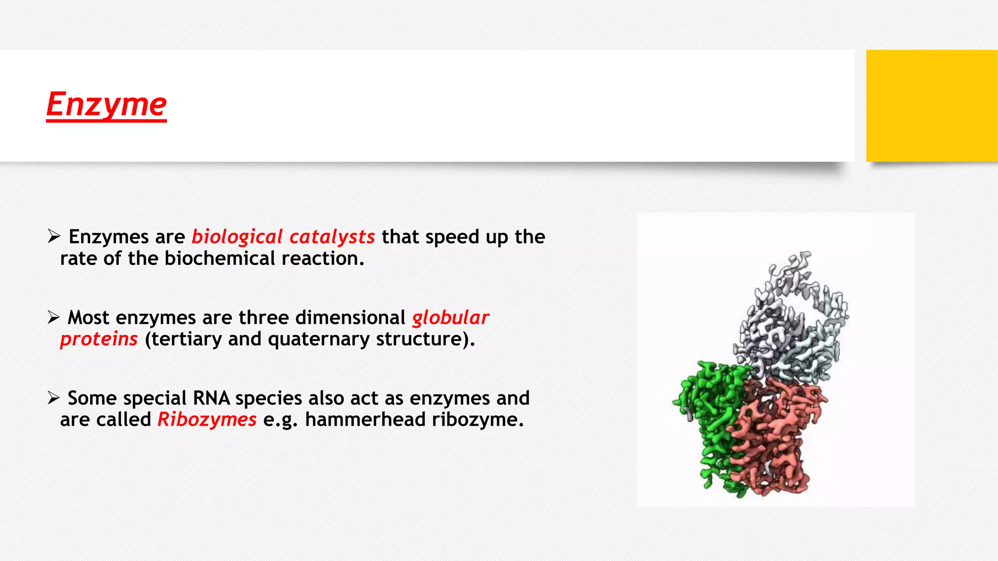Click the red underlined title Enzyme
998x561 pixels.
(x=106, y=104)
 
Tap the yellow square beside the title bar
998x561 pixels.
(x=931, y=106)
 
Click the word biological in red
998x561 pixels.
(x=237, y=237)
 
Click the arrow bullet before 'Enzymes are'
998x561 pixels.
(x=54, y=237)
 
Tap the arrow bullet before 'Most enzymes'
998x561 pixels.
(x=54, y=318)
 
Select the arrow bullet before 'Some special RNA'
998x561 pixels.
(x=54, y=398)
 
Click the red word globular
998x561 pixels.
(x=450, y=318)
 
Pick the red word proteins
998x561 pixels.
(x=99, y=339)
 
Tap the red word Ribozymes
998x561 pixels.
(x=207, y=420)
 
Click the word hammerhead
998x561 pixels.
(x=365, y=420)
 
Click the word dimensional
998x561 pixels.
(x=350, y=318)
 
